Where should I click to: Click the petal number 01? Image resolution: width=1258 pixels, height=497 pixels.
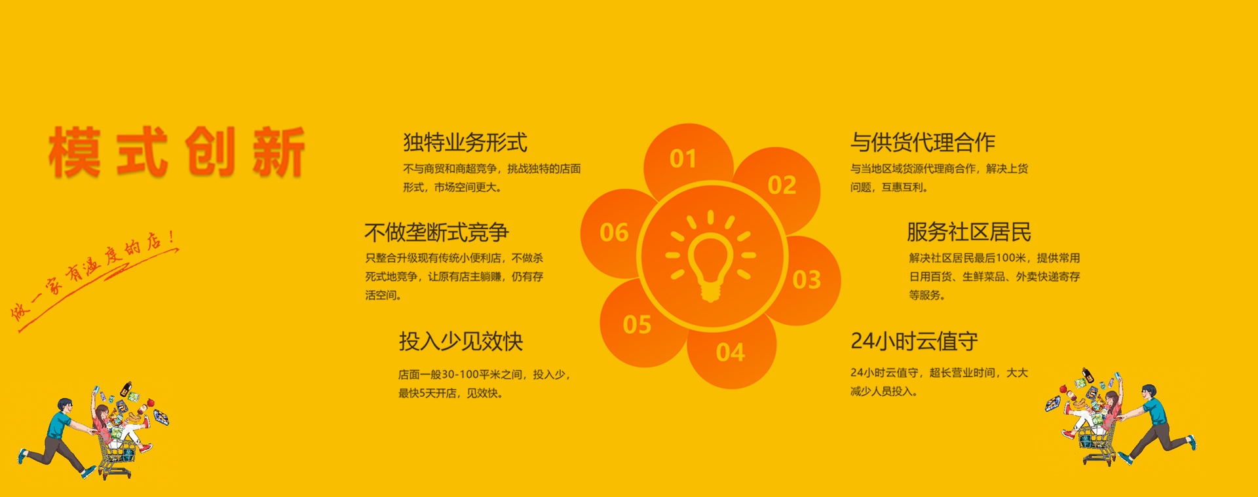click(x=683, y=158)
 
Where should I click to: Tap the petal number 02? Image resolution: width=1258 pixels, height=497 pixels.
click(x=782, y=185)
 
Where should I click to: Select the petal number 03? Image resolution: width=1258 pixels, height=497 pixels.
click(x=807, y=280)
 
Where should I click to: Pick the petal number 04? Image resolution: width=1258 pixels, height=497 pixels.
click(x=730, y=353)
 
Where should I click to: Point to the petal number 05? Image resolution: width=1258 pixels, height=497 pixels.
click(x=637, y=324)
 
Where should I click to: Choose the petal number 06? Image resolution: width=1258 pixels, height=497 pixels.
click(x=614, y=232)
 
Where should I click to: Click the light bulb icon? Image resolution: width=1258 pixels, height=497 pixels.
click(x=711, y=255)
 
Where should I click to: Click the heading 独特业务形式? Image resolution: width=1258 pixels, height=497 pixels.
click(x=465, y=142)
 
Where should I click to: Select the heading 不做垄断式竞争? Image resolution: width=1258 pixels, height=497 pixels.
click(x=436, y=232)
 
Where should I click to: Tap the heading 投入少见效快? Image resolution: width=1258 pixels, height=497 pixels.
click(x=461, y=341)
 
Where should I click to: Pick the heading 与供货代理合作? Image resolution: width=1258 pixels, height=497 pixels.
click(x=923, y=142)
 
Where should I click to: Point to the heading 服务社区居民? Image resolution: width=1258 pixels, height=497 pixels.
click(x=968, y=232)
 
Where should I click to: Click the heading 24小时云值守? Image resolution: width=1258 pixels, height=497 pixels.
click(x=914, y=341)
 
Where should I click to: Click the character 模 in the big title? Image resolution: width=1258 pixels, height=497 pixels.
click(x=75, y=152)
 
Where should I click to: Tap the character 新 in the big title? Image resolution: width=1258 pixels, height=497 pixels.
click(x=278, y=152)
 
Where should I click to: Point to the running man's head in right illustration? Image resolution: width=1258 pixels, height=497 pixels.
click(x=1149, y=393)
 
